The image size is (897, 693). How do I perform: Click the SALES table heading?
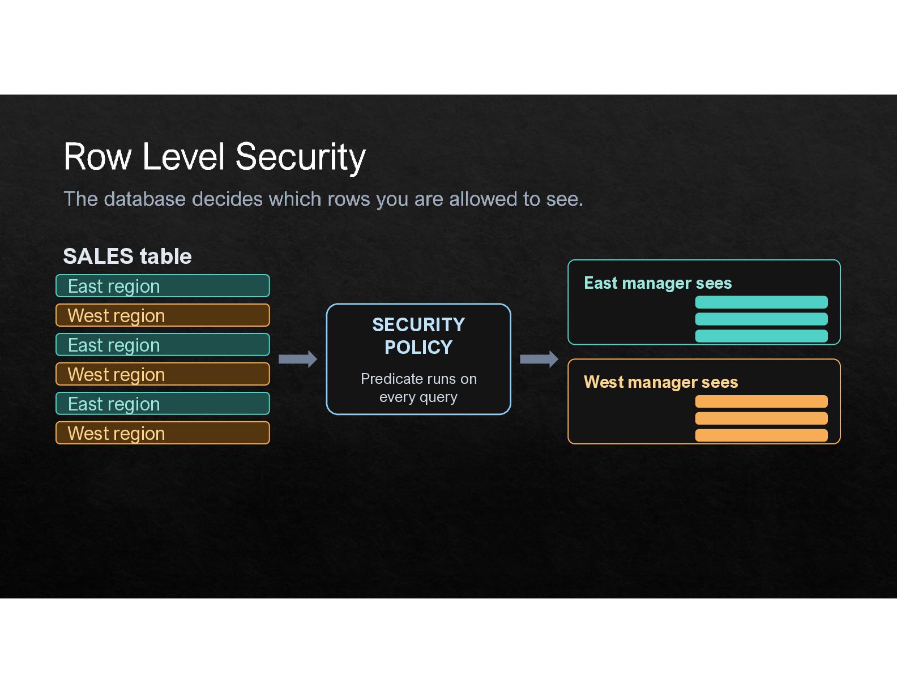click(127, 256)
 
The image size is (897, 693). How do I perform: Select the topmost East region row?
click(163, 285)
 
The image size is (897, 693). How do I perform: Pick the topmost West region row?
click(163, 315)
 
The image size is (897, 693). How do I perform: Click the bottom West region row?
click(163, 433)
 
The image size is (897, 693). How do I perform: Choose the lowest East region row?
click(163, 404)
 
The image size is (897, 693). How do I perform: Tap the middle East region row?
click(163, 345)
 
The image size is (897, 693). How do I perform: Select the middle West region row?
click(163, 374)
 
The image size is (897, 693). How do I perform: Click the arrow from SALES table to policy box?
click(298, 359)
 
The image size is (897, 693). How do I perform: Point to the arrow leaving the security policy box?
click(539, 359)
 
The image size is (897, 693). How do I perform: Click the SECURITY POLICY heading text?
click(418, 336)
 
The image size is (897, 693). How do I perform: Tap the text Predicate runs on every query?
click(418, 388)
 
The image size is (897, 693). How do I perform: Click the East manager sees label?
click(657, 283)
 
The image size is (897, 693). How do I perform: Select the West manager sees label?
click(661, 383)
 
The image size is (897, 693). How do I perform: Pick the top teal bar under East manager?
click(761, 302)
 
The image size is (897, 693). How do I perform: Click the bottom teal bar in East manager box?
click(761, 336)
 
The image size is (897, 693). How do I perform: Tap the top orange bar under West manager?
click(761, 401)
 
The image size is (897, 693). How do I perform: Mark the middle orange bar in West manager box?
click(761, 418)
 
